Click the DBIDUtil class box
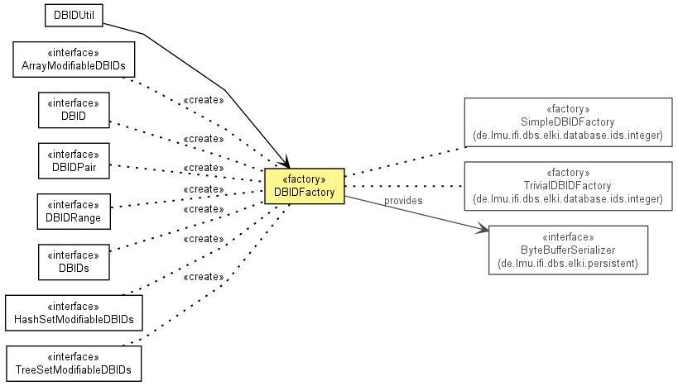(x=74, y=16)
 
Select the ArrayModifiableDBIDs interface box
(x=74, y=60)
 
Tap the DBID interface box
(x=74, y=110)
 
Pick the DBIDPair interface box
(x=74, y=160)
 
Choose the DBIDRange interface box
(x=74, y=211)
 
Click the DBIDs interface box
(x=74, y=262)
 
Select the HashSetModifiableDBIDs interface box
(x=74, y=313)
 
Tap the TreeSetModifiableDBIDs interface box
(x=74, y=364)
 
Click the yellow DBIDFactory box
(x=305, y=186)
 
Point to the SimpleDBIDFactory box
(x=568, y=122)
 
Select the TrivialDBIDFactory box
(x=568, y=186)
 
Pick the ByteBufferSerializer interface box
(x=568, y=250)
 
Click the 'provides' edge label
(x=403, y=201)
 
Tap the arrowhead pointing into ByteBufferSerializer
(x=483, y=228)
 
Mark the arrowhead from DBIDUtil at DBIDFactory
(x=284, y=162)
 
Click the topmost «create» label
(x=204, y=100)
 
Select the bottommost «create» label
(x=204, y=277)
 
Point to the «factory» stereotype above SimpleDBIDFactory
(x=568, y=109)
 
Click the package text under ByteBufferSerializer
(x=568, y=264)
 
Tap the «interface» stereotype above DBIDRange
(x=74, y=205)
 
